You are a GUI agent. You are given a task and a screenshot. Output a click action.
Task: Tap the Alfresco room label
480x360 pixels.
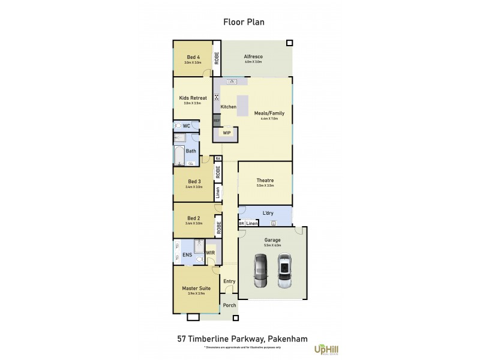click(253, 57)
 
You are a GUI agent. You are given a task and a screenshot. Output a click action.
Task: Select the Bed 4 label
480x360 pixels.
click(193, 58)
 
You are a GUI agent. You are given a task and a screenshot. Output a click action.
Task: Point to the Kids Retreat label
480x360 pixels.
click(193, 98)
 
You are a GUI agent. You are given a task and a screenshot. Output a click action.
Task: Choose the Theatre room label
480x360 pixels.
click(265, 181)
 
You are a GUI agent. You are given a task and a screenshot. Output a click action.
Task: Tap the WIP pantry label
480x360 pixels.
click(227, 133)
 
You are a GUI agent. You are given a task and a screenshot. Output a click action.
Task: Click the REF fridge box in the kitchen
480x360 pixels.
click(217, 120)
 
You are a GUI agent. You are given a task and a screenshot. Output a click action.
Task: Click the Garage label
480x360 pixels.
click(272, 240)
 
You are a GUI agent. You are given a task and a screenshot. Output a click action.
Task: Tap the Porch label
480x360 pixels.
click(229, 305)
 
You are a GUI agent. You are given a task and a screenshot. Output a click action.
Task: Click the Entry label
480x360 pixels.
click(229, 281)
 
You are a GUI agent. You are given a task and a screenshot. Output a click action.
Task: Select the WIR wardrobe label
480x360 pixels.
click(210, 253)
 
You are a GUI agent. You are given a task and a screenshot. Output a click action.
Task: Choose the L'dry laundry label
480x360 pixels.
click(269, 213)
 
